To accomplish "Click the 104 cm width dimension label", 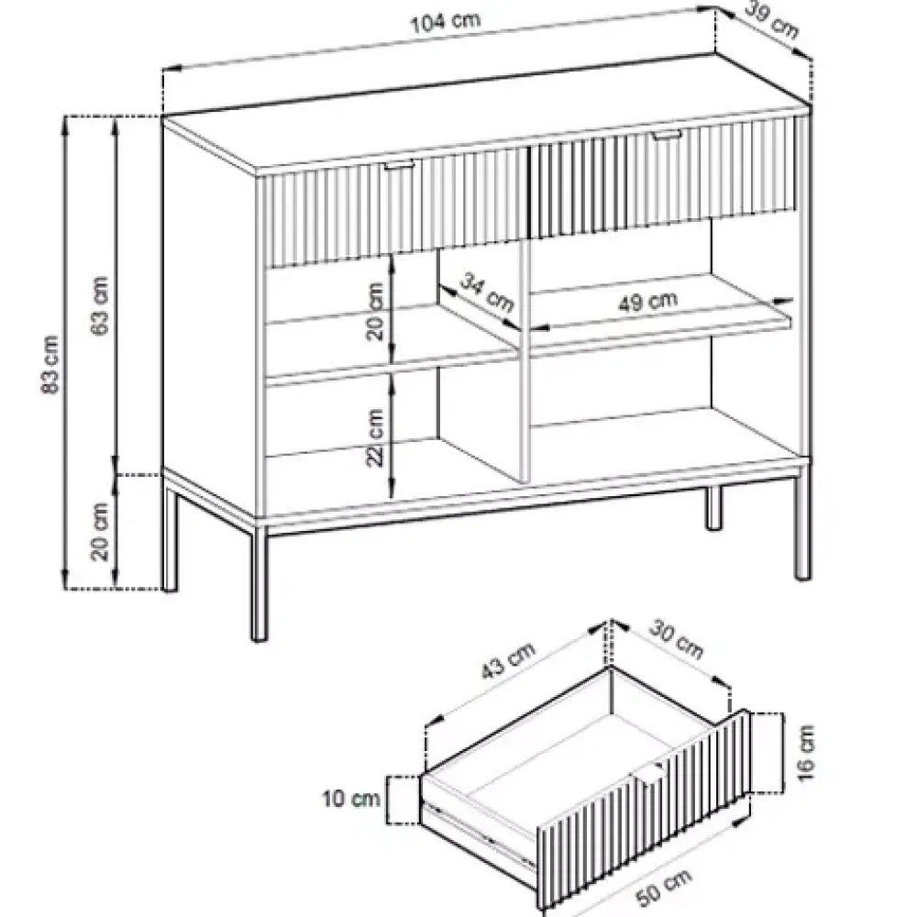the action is (x=445, y=22).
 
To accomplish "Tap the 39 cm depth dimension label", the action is (x=772, y=19).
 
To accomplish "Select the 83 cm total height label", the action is (x=51, y=364).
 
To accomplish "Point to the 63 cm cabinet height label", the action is (x=101, y=305).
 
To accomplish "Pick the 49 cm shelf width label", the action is (x=648, y=302).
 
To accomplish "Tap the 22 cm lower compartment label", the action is (x=375, y=436).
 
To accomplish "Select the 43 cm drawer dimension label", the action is (x=508, y=661).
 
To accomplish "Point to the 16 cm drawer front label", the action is (x=805, y=752).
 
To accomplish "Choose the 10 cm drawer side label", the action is (x=351, y=799).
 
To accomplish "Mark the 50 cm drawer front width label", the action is (x=663, y=885).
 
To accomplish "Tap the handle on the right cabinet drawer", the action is (x=667, y=137).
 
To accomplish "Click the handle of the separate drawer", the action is (x=648, y=774).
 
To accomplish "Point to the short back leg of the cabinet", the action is (x=713, y=508).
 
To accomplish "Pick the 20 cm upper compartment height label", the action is (x=375, y=311).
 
